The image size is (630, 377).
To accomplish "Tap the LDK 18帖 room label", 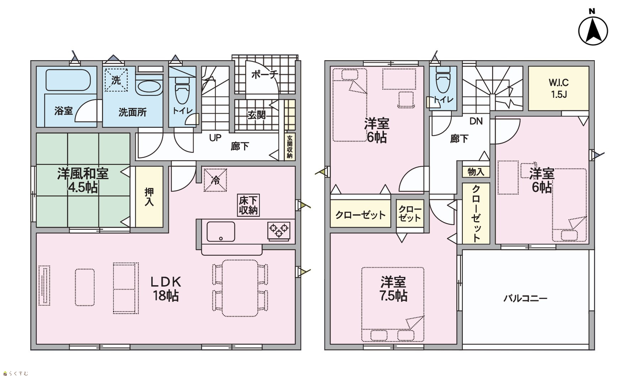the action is tap(166, 289).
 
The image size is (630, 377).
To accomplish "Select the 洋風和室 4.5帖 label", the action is tap(83, 180).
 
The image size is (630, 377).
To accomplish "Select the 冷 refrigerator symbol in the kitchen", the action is tap(215, 180).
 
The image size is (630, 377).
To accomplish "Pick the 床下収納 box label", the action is tap(248, 205).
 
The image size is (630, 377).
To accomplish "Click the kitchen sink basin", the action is tap(221, 231).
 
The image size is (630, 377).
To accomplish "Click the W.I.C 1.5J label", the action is tap(558, 88).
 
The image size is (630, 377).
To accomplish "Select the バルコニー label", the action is tap(525, 298).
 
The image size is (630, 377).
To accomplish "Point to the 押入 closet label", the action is tap(149, 197).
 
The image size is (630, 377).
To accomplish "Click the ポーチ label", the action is tap(264, 74).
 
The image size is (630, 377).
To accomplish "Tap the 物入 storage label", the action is tap(476, 172).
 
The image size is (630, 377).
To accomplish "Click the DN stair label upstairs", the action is tap(476, 121).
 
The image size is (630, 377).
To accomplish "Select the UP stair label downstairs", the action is tap(215, 137).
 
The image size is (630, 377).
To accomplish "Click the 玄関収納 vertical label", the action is tap(290, 147).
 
